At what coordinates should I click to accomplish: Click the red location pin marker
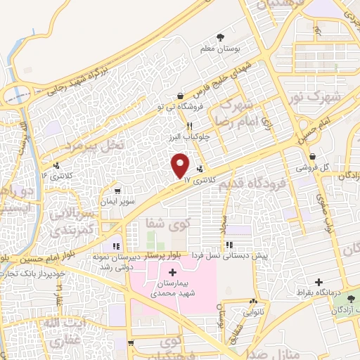click(181, 165)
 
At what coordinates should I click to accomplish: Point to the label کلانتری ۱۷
click(197, 180)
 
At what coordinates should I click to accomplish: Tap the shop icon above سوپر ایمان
click(118, 190)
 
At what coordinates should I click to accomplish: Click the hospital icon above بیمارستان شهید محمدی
click(173, 271)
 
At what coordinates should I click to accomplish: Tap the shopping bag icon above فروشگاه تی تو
click(181, 96)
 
